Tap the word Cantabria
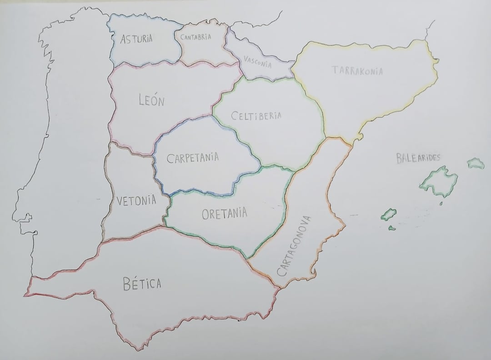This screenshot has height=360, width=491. pyautogui.click(x=195, y=37)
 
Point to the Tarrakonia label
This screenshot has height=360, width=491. pyautogui.click(x=357, y=70)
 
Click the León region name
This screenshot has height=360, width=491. pyautogui.click(x=151, y=100)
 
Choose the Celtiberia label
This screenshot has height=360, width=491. pyautogui.click(x=256, y=115)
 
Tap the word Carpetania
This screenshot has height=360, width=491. pyautogui.click(x=193, y=158)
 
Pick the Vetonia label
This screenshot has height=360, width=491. pyautogui.click(x=136, y=200)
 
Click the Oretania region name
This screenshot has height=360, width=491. pyautogui.click(x=224, y=213)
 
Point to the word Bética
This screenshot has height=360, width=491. pyautogui.click(x=142, y=284)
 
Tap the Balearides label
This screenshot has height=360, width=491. pyautogui.click(x=418, y=158)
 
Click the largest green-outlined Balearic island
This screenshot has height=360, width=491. pyautogui.click(x=438, y=181)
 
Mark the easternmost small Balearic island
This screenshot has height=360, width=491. pyautogui.click(x=476, y=163)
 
